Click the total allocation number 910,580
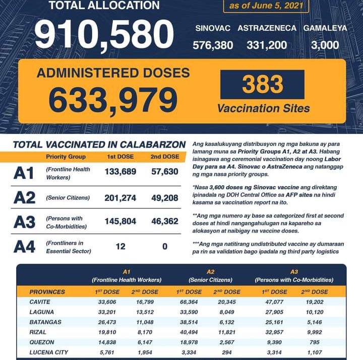click(x=104, y=35)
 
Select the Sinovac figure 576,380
click(x=213, y=45)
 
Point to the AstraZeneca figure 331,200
click(x=267, y=45)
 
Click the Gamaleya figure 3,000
click(x=325, y=45)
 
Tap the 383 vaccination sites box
click(x=262, y=85)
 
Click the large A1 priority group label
click(x=25, y=173)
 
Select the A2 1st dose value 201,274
click(x=120, y=198)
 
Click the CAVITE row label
click(x=41, y=303)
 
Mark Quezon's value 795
click(x=317, y=341)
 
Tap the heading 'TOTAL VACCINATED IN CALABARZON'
click(x=99, y=145)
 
